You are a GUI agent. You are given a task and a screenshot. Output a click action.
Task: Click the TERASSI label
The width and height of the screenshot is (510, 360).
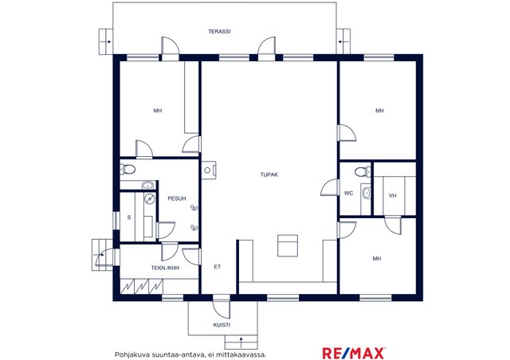[x=219, y=32]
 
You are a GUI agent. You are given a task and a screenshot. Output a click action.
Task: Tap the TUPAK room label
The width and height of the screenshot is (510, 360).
[x=269, y=174]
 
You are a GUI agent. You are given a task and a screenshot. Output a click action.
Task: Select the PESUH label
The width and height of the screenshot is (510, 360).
[x=177, y=198]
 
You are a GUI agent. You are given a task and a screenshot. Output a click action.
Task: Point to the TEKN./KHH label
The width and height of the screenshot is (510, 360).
[x=165, y=268]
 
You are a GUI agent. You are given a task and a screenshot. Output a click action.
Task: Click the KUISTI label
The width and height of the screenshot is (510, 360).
[x=222, y=325]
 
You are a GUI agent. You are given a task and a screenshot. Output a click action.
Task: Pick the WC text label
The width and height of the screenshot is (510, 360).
[x=348, y=194]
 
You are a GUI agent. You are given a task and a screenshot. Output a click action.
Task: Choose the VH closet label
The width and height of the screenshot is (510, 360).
[x=393, y=196]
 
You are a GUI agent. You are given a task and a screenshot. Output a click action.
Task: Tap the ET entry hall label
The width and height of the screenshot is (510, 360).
[x=218, y=267]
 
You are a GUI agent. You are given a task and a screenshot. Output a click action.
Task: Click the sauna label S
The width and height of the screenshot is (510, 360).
[x=129, y=217]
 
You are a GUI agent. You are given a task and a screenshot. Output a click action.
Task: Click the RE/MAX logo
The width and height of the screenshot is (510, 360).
[x=354, y=353]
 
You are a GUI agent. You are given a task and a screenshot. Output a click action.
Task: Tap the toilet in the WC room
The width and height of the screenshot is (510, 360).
[x=363, y=171]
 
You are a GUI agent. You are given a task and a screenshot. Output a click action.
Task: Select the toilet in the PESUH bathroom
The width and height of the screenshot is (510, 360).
[x=127, y=170]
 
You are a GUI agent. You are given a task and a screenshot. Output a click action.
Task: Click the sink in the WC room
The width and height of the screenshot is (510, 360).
[x=366, y=194]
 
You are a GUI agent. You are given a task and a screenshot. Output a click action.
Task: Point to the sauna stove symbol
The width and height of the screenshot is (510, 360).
[x=150, y=199]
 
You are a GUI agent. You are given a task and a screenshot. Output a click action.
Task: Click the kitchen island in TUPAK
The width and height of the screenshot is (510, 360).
[x=288, y=245]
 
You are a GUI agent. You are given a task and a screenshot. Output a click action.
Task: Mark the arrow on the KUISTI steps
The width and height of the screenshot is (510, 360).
[x=241, y=342]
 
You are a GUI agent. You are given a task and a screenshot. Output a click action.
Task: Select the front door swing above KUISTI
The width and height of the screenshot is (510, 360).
[x=222, y=308]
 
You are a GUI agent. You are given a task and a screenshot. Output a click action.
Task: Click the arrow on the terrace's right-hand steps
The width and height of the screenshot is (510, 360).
[x=342, y=41]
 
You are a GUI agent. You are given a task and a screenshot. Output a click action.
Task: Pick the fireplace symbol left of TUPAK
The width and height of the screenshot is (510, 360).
[x=208, y=170]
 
